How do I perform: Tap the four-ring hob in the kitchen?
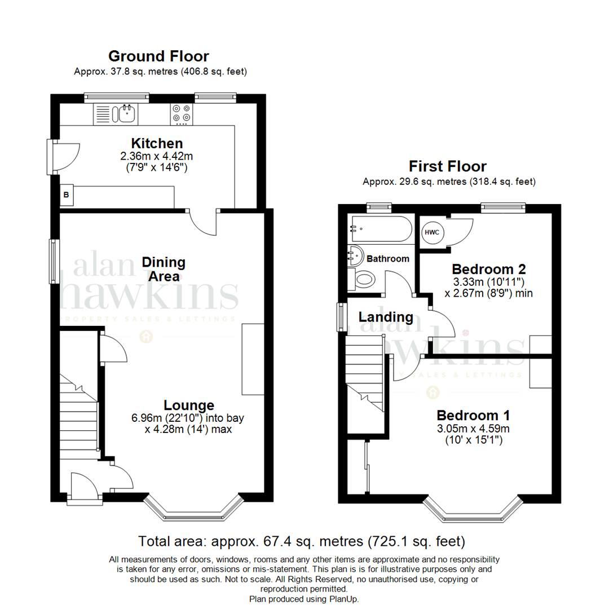[x=182, y=114]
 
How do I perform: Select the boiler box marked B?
[x=67, y=195]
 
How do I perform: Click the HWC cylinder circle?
[x=432, y=232]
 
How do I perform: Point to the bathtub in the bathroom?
[x=381, y=229]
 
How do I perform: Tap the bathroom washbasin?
[x=355, y=255]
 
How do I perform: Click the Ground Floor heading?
[x=158, y=56]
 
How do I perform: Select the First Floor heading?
[x=447, y=166]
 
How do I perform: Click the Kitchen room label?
[x=157, y=143]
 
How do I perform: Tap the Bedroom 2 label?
[x=488, y=269]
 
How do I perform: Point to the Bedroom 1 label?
[x=473, y=416]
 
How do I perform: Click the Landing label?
[x=386, y=317]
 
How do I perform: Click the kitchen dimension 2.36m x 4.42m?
[x=157, y=156]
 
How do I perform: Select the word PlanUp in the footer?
[x=343, y=599]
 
